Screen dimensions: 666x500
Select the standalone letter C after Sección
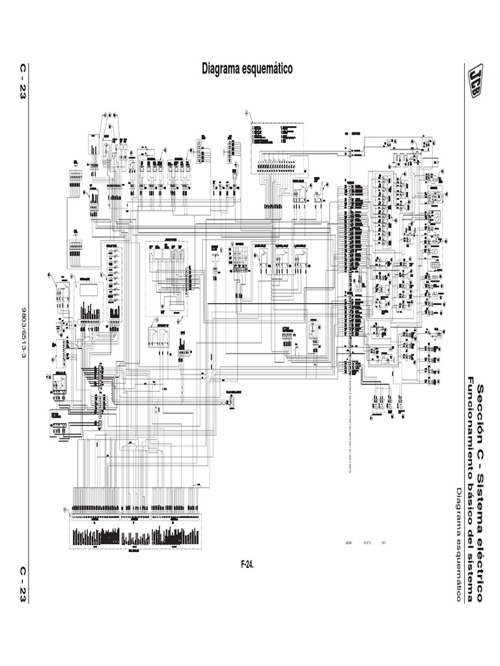pyautogui.click(x=481, y=436)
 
